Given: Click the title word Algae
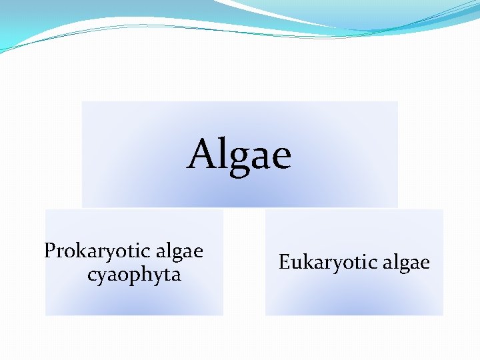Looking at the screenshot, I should (239, 155).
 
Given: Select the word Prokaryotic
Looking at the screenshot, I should (96, 251).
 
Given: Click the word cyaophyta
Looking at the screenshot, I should (134, 275).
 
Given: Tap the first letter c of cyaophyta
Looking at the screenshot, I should (92, 275).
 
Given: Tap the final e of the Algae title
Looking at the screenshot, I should (281, 159).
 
